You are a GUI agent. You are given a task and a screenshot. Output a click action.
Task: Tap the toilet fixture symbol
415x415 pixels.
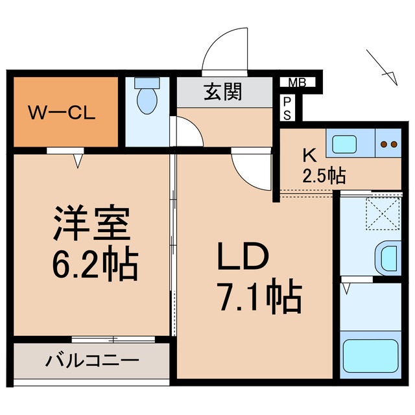(x=147, y=97)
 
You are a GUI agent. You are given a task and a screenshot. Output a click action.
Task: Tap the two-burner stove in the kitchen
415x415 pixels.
(x=389, y=144)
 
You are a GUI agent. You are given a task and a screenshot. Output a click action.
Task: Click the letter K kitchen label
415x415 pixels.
(x=310, y=156)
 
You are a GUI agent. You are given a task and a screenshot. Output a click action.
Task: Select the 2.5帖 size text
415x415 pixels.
(x=323, y=174)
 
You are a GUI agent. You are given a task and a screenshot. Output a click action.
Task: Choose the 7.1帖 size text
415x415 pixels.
(x=258, y=298)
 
